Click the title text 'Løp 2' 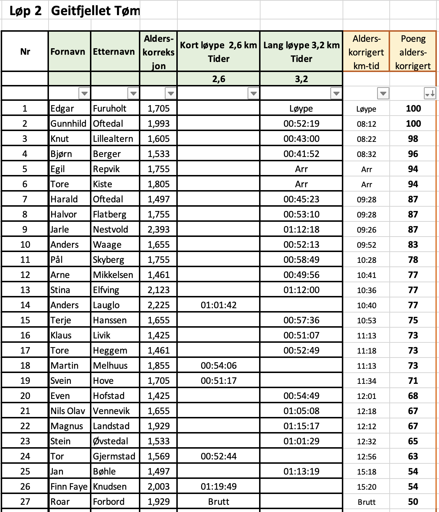click(25, 11)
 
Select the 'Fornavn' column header click(68, 52)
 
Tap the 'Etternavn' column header click(114, 52)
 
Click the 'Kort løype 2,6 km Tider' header click(218, 52)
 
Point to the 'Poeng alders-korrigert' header click(413, 52)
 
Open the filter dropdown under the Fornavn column click(84, 94)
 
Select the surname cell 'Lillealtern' click(113, 139)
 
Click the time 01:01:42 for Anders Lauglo click(218, 305)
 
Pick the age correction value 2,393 click(158, 229)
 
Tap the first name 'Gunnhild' click(68, 123)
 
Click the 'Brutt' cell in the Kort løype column click(218, 502)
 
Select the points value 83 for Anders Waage click(413, 244)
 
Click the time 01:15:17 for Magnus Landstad click(301, 426)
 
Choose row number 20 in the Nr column click(25, 396)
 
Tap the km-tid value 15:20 click(366, 487)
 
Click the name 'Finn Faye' click(69, 486)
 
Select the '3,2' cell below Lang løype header click(301, 79)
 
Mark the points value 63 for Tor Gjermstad click(413, 456)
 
